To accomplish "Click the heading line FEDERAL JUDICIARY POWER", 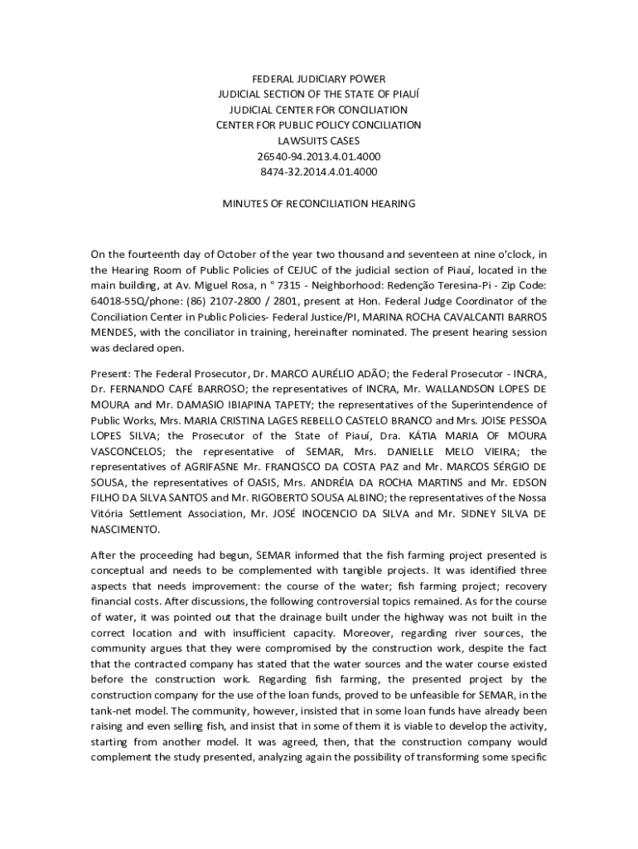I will pyautogui.click(x=318, y=79).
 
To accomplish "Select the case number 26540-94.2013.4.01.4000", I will pyautogui.click(x=318, y=157).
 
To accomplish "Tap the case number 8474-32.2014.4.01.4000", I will pyautogui.click(x=318, y=172).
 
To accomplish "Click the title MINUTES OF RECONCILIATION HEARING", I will pyautogui.click(x=318, y=203).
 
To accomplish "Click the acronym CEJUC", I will pyautogui.click(x=292, y=270).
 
